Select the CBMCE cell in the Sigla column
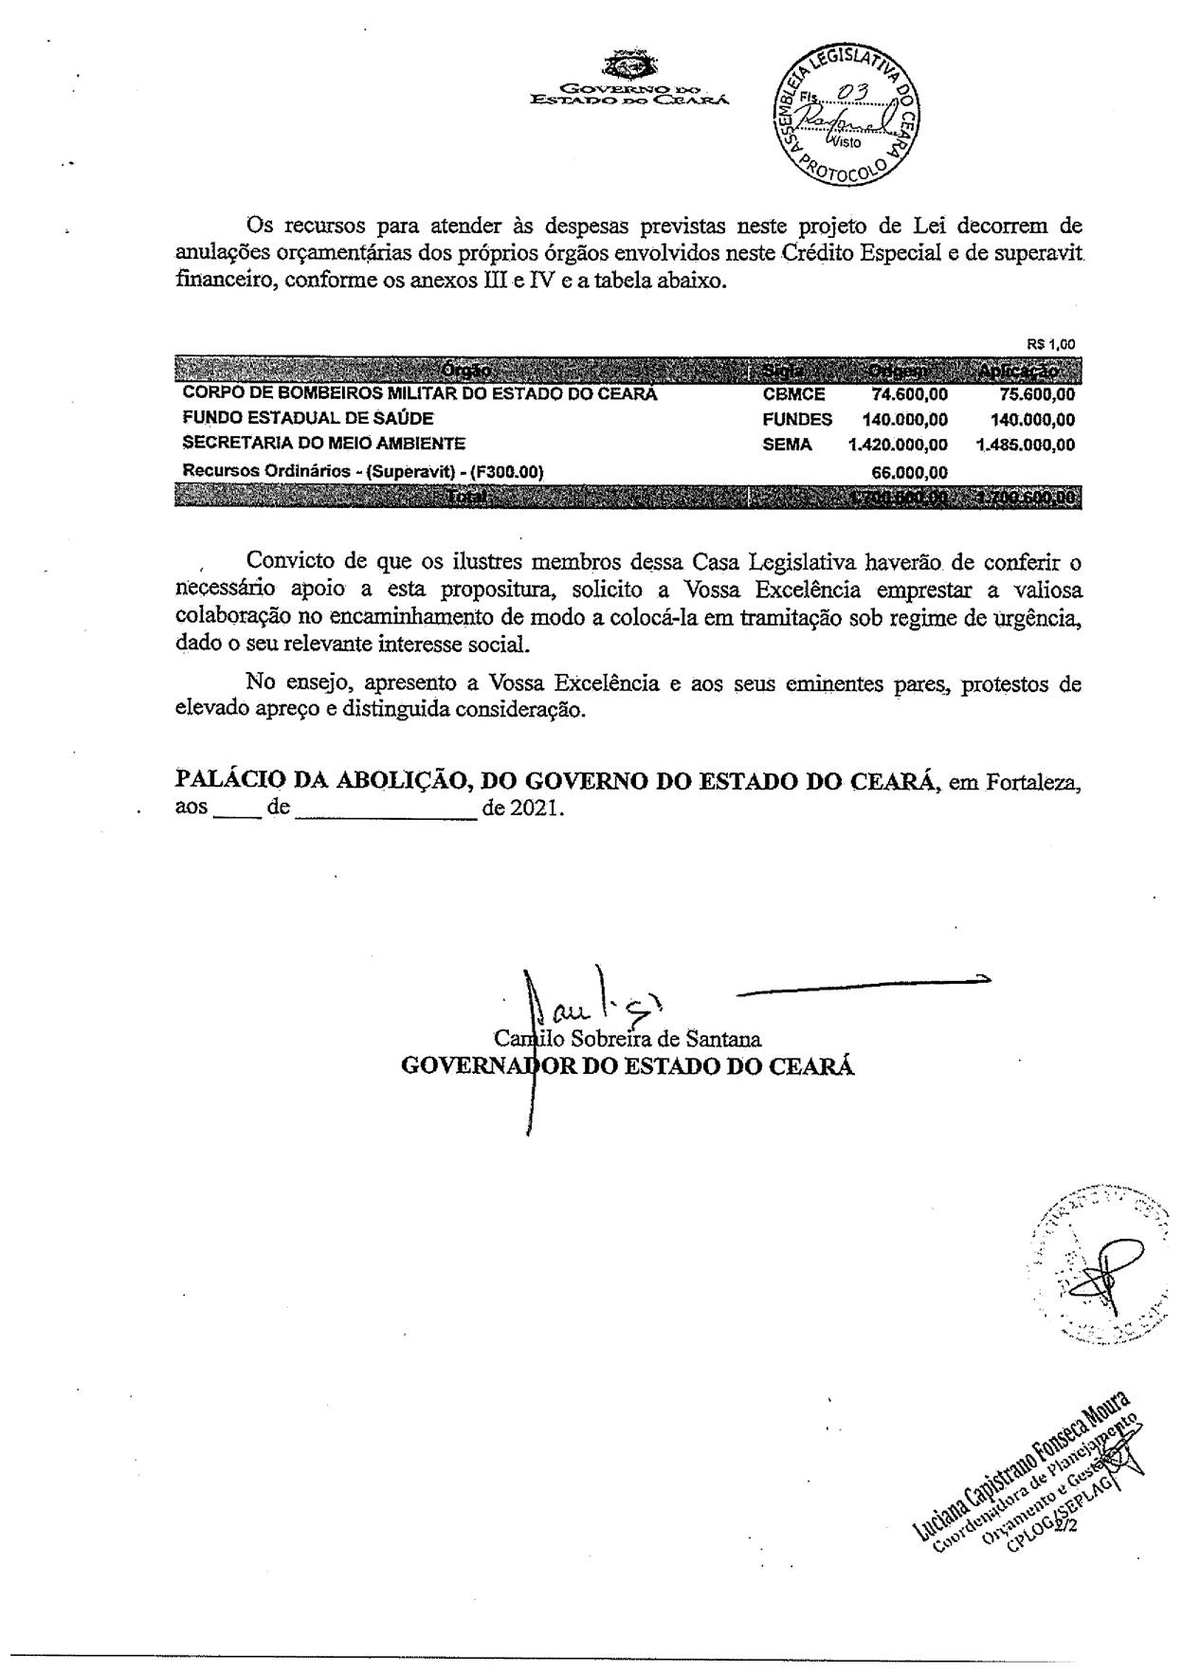(793, 394)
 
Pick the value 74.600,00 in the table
(909, 394)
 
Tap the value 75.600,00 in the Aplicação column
(1038, 394)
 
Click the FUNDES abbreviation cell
(797, 419)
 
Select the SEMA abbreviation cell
(787, 444)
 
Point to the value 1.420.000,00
(898, 445)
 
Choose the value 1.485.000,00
(1026, 445)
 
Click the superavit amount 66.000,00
(909, 472)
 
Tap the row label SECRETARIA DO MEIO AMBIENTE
(323, 443)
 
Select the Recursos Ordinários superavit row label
(362, 471)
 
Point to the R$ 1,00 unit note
(1051, 345)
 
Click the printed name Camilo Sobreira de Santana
(627, 1039)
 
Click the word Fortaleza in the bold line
(1033, 783)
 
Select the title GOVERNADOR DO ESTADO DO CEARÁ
(627, 1065)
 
